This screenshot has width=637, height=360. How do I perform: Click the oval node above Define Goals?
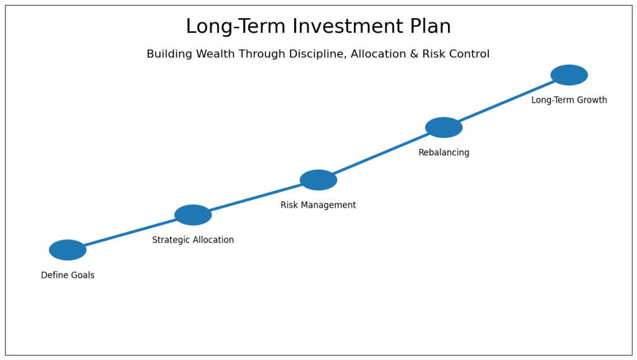pyautogui.click(x=68, y=250)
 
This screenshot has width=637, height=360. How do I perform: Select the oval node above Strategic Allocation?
pyautogui.click(x=193, y=215)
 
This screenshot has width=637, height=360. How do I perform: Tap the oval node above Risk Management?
pyautogui.click(x=318, y=180)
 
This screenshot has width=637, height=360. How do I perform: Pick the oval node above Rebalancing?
pyautogui.click(x=444, y=127)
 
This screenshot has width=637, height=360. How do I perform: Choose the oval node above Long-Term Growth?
pyautogui.click(x=569, y=75)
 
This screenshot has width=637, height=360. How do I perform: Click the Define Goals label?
pyautogui.click(x=68, y=275)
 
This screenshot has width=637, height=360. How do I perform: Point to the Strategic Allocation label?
pyautogui.click(x=193, y=240)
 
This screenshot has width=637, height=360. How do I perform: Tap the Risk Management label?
pyautogui.click(x=318, y=205)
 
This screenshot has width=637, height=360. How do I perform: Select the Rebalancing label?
pyautogui.click(x=444, y=153)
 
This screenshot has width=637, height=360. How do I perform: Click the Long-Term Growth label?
pyautogui.click(x=569, y=100)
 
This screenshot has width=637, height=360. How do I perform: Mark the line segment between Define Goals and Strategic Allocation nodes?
pyautogui.click(x=131, y=233)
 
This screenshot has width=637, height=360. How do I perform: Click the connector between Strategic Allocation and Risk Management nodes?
pyautogui.click(x=256, y=198)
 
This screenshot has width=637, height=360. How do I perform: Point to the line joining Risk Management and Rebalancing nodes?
pyautogui.click(x=381, y=154)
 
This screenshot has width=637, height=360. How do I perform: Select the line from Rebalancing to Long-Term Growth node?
pyautogui.click(x=506, y=101)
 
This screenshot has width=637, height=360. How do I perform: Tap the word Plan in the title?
pyautogui.click(x=430, y=27)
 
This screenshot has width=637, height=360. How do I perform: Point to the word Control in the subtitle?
pyautogui.click(x=470, y=55)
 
